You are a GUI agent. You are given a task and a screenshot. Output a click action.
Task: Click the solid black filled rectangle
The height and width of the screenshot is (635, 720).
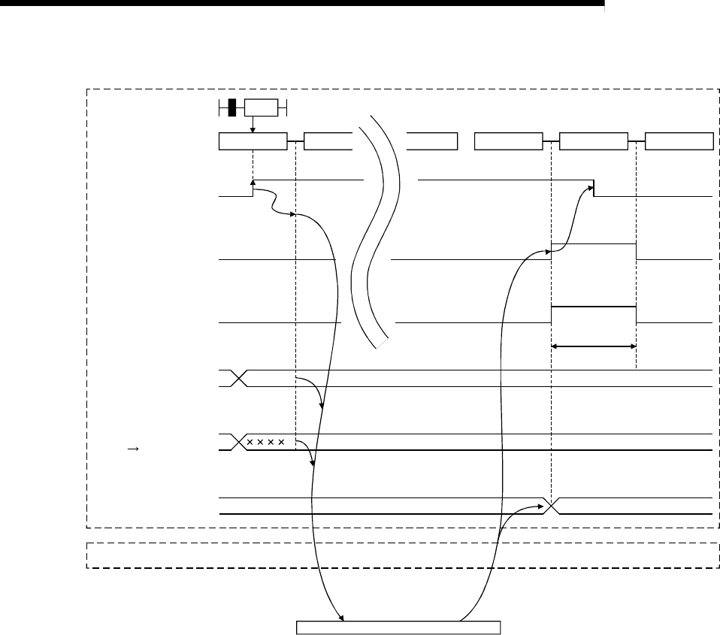(232, 107)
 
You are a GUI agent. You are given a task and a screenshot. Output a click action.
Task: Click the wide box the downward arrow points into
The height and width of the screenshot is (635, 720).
(253, 141)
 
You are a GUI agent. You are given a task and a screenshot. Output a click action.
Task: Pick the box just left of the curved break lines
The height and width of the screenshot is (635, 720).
(328, 141)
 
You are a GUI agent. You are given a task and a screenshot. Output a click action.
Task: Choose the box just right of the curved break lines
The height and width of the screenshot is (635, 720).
(431, 141)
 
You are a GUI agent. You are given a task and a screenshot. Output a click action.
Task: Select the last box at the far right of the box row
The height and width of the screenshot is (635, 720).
(679, 141)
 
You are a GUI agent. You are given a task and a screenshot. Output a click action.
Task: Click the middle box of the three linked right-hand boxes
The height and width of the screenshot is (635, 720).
(594, 141)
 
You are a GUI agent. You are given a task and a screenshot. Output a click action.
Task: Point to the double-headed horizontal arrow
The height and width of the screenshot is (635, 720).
(594, 346)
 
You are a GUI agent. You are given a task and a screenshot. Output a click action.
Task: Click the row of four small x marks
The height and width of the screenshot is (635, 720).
(266, 442)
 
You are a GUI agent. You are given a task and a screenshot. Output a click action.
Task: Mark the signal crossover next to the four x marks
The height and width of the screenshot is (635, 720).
(239, 442)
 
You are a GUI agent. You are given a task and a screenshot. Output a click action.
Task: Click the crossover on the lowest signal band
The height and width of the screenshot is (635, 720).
(552, 506)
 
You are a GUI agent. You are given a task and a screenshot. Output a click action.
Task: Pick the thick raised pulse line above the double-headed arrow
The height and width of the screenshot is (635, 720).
(594, 307)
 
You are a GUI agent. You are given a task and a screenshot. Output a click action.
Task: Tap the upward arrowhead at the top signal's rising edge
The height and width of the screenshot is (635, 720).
(253, 182)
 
